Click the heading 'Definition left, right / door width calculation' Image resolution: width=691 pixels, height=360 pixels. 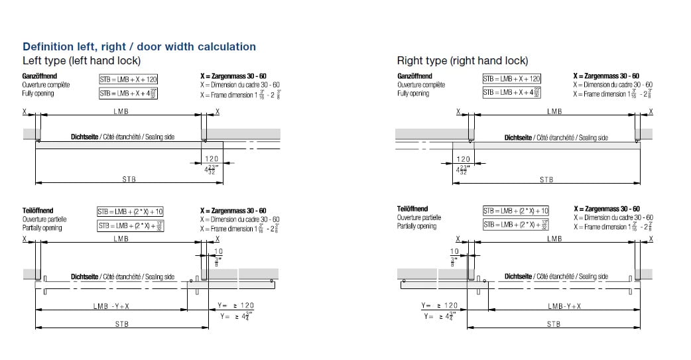pyautogui.click(x=139, y=46)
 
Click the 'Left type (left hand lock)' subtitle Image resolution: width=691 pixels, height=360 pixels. pyautogui.click(x=82, y=60)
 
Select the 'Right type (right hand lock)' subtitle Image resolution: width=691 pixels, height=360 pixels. pyautogui.click(x=462, y=60)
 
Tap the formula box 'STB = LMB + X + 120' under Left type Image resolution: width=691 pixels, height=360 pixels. pyautogui.click(x=129, y=80)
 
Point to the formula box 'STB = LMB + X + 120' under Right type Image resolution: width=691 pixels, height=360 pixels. pyautogui.click(x=511, y=79)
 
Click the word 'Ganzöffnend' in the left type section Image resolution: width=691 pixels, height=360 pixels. pyautogui.click(x=40, y=76)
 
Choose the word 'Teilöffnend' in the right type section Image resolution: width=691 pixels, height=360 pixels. pyautogui.click(x=412, y=209)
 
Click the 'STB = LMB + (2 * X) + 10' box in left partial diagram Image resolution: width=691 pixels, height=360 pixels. pyautogui.click(x=130, y=211)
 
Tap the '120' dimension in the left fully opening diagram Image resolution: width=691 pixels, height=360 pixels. pyautogui.click(x=212, y=158)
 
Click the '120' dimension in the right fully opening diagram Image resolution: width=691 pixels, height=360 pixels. pyautogui.click(x=463, y=158)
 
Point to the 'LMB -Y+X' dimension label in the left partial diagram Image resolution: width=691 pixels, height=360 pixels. pyautogui.click(x=111, y=306)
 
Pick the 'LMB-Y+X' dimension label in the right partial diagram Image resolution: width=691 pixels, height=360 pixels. pyautogui.click(x=564, y=306)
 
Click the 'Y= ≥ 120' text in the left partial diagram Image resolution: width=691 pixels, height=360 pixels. pyautogui.click(x=235, y=306)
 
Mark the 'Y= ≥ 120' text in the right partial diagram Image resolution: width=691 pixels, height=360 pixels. pyautogui.click(x=439, y=306)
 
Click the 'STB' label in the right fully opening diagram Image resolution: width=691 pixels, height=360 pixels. pyautogui.click(x=546, y=180)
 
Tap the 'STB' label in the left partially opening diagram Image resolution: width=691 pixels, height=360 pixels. pyautogui.click(x=122, y=324)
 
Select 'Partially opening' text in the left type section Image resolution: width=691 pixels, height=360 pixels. pyautogui.click(x=42, y=228)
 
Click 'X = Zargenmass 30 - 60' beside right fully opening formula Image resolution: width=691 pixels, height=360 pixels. pyautogui.click(x=606, y=76)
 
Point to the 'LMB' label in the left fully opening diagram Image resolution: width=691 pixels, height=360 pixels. pyautogui.click(x=121, y=111)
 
